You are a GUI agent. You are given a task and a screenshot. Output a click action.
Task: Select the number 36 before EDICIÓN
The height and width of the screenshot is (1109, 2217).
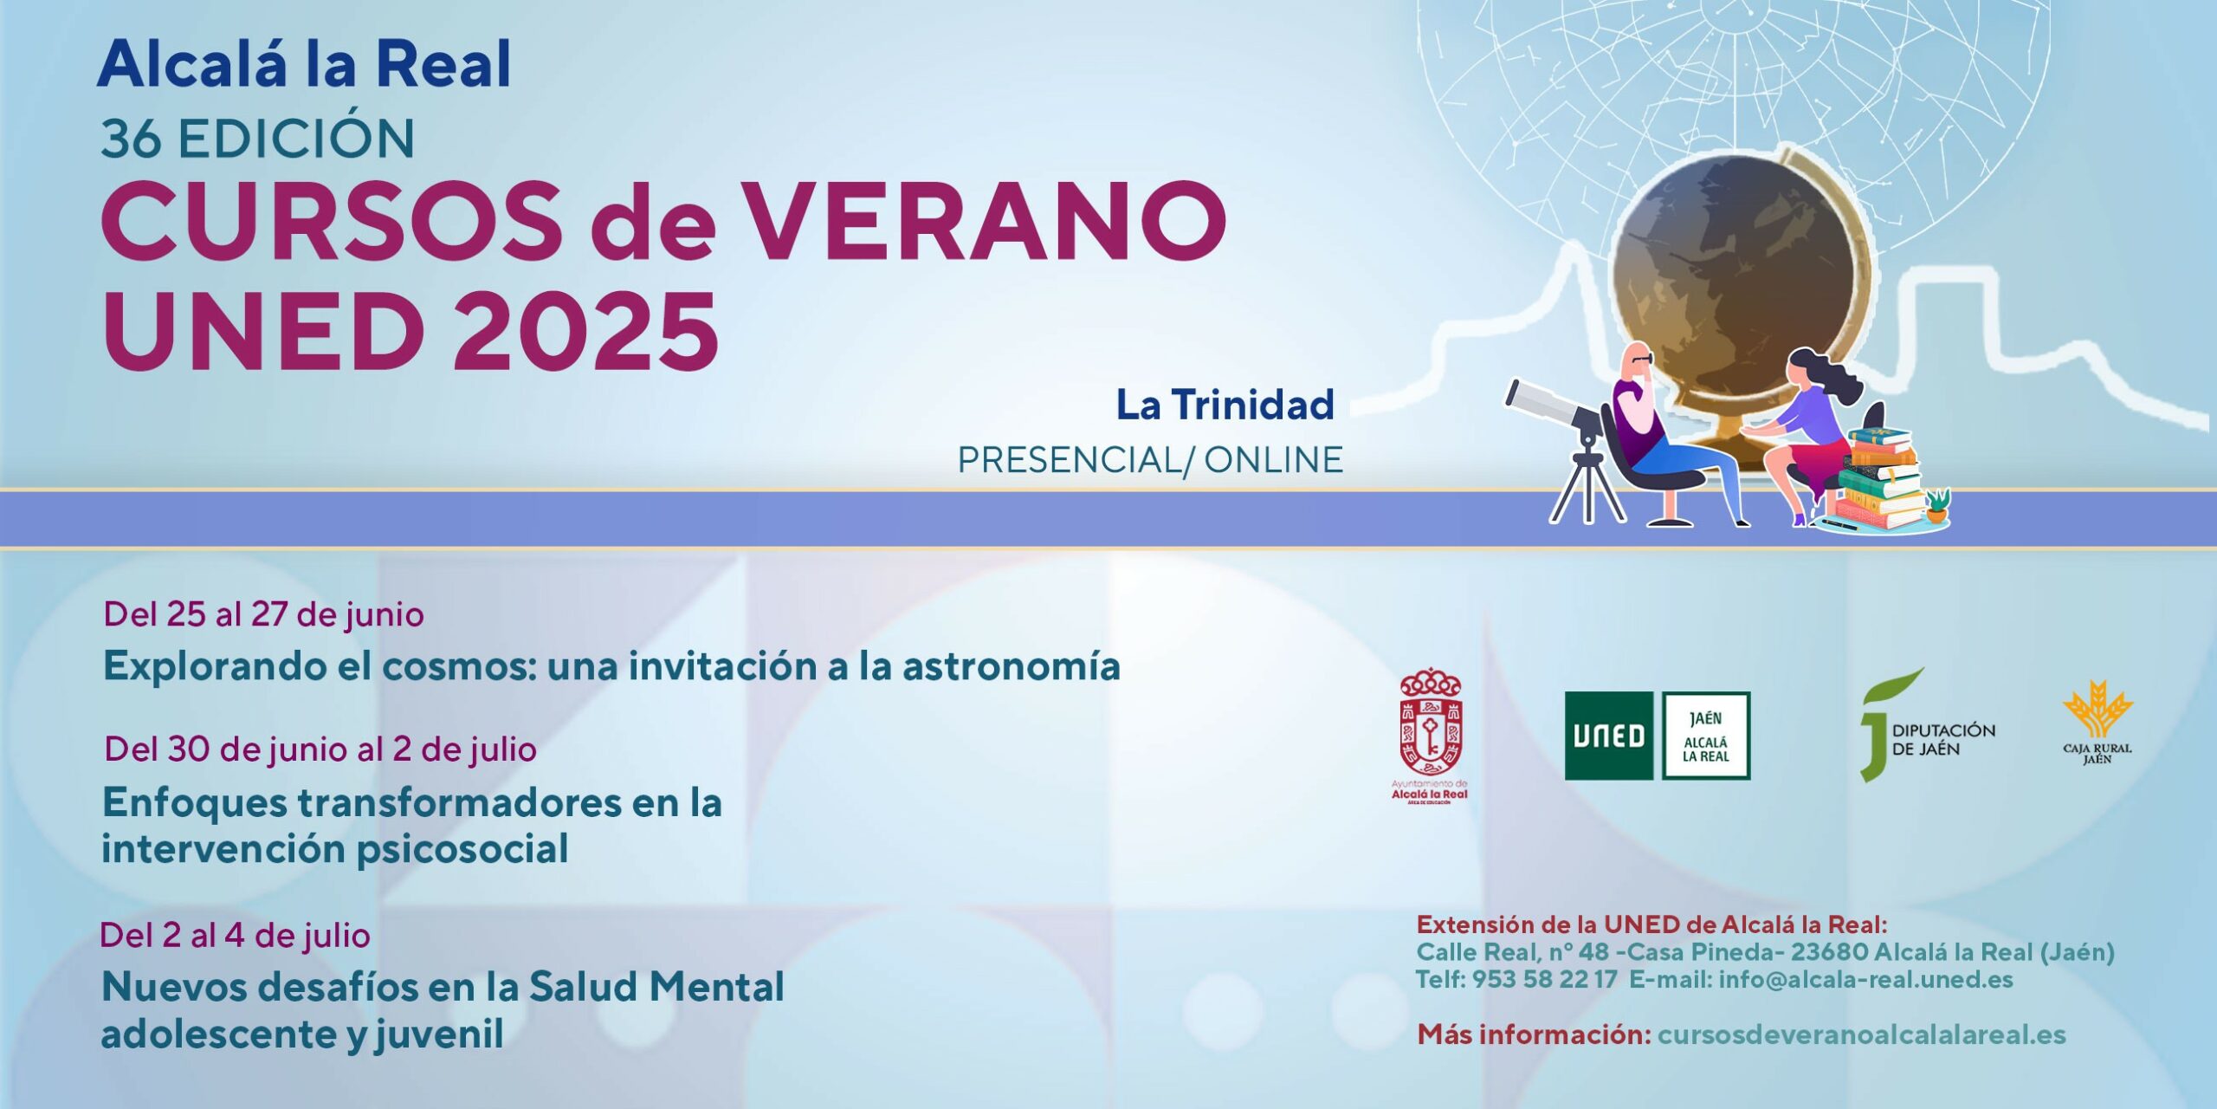coord(131,139)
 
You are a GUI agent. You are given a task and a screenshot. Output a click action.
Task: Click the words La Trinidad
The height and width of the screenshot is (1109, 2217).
coord(1225,405)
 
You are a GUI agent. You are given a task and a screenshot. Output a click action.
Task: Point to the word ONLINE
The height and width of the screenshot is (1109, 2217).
coord(1273,460)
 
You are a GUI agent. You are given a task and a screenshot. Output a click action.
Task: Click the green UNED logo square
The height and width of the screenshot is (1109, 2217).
coord(1609,736)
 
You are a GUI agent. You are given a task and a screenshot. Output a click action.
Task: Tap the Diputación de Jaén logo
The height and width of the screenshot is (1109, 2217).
coord(1927,726)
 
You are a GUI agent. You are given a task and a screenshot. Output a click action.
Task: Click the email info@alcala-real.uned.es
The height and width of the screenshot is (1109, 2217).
coord(1866,980)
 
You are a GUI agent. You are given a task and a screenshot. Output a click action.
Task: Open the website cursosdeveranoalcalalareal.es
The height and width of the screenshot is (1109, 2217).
coord(1862,1034)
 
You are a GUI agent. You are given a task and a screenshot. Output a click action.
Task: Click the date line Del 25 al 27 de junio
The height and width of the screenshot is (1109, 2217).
coord(263,615)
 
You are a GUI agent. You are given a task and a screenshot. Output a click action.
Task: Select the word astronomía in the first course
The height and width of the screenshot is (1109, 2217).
coord(1012,666)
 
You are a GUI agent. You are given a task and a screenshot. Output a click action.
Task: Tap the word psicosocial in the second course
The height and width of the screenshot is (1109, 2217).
coord(462,849)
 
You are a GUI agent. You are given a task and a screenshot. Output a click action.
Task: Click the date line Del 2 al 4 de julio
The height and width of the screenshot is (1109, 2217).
coord(235,936)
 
